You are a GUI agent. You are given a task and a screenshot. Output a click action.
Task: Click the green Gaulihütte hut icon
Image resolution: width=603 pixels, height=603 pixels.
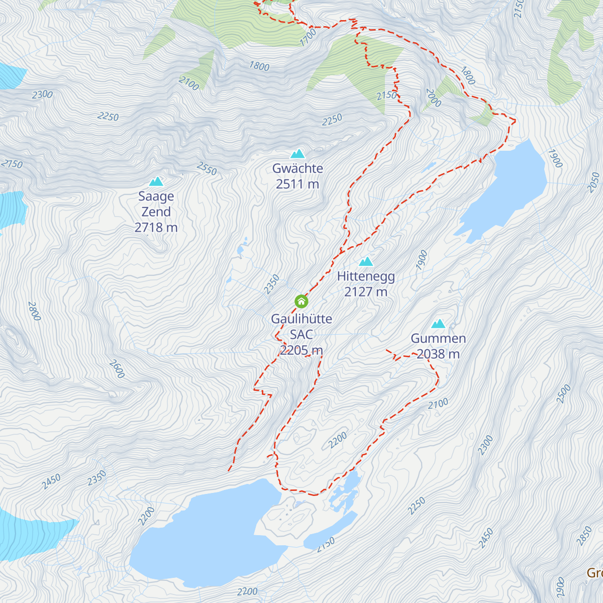pyautogui.click(x=301, y=301)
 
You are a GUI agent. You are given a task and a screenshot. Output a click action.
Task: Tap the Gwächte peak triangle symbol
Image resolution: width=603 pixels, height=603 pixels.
pyautogui.click(x=297, y=154)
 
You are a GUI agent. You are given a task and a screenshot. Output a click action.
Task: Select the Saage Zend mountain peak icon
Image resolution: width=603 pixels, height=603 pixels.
pyautogui.click(x=156, y=181)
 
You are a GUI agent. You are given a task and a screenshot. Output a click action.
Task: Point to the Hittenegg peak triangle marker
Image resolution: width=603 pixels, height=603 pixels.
pyautogui.click(x=366, y=261)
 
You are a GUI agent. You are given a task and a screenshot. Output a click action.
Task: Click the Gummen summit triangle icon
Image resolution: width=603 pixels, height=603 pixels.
pyautogui.click(x=438, y=324)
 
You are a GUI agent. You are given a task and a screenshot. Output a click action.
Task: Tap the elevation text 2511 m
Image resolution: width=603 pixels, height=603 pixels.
pyautogui.click(x=297, y=184)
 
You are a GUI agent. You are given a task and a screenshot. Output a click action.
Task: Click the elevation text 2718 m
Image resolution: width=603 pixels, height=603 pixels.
pyautogui.click(x=156, y=228)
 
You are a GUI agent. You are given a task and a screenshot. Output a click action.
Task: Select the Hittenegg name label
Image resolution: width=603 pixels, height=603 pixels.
pyautogui.click(x=366, y=276)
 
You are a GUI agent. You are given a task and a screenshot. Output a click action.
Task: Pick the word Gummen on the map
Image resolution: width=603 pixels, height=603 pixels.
pyautogui.click(x=438, y=338)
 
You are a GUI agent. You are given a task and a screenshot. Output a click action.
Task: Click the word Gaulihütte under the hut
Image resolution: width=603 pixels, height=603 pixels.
pyautogui.click(x=301, y=319)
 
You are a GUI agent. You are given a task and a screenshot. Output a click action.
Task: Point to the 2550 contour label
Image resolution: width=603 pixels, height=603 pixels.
pyautogui.click(x=207, y=169)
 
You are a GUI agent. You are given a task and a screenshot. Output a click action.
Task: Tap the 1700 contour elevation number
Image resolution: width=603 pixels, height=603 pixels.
pyautogui.click(x=308, y=38)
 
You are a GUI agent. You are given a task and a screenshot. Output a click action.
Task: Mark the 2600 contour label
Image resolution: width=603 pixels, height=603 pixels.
pyautogui.click(x=117, y=369)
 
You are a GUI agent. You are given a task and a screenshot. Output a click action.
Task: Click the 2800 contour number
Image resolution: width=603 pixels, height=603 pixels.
pyautogui.click(x=34, y=311)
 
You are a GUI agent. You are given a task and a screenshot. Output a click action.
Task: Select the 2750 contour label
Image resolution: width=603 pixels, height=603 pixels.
pyautogui.click(x=12, y=164)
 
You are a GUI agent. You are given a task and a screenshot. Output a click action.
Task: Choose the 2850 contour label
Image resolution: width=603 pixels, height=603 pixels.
pyautogui.click(x=584, y=536)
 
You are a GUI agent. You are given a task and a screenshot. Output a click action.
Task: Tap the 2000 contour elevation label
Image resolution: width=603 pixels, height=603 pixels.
pyautogui.click(x=433, y=98)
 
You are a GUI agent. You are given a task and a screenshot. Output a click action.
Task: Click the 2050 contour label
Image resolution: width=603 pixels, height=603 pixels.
pyautogui.click(x=593, y=182)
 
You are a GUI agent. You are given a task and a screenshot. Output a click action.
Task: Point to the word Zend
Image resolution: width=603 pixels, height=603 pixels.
pyautogui.click(x=156, y=212)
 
